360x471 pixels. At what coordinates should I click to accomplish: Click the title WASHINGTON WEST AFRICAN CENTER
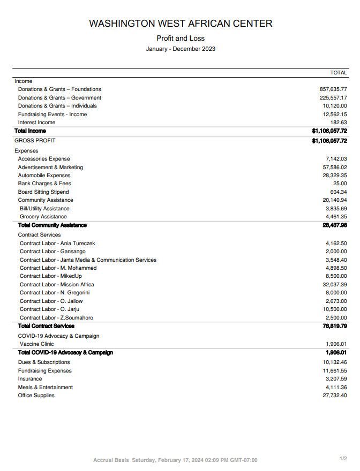tap(181, 24)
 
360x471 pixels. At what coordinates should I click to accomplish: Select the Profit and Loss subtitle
tap(181, 39)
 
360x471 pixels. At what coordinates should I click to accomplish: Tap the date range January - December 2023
tap(181, 49)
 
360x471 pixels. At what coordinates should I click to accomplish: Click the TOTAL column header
tap(339, 72)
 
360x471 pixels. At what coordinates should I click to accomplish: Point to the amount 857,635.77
tap(333, 89)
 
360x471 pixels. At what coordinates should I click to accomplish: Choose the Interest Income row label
tap(36, 123)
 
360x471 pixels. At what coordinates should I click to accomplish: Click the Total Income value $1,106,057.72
tap(329, 131)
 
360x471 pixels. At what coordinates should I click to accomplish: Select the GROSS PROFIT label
tap(35, 141)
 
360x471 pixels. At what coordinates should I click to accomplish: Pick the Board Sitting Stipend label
tap(43, 192)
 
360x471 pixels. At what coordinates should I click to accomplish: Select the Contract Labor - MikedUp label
tap(51, 276)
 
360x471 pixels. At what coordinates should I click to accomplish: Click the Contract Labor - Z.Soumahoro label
tap(56, 318)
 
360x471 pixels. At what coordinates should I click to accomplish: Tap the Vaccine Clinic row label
tap(37, 344)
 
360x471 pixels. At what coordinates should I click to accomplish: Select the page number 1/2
tap(343, 459)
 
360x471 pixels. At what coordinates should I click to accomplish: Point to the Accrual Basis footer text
tap(111, 460)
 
